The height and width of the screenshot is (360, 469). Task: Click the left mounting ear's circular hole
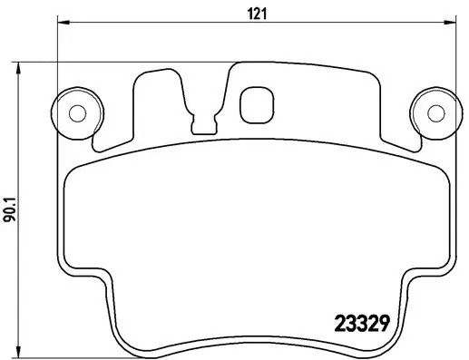[x=77, y=113]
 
